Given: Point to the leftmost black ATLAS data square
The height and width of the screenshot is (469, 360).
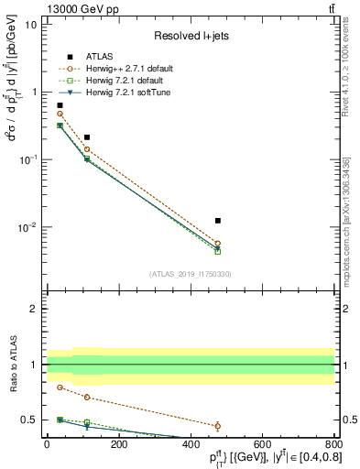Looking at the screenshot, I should pos(60,105).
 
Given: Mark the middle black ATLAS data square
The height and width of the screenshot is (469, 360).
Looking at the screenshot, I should pos(87,137).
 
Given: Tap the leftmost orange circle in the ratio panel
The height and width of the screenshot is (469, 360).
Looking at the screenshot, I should pos(60,387).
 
